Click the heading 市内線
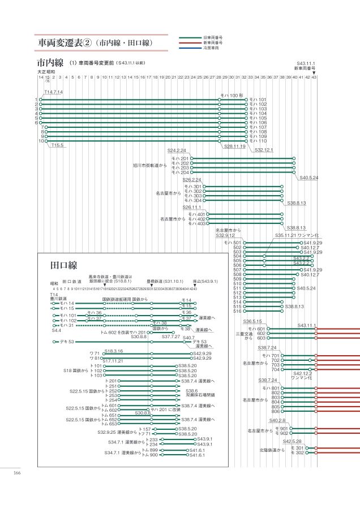[x=50, y=62]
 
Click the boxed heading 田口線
[x=63, y=265]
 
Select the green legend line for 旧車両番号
[x=190, y=37]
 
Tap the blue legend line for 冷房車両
[x=190, y=48]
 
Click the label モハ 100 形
[x=232, y=96]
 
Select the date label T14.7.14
[x=53, y=92]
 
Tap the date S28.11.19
[x=234, y=146]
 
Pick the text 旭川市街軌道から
[x=150, y=165]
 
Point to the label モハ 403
[x=196, y=223]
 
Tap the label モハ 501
[x=233, y=243]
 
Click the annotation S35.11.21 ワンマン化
[x=297, y=235]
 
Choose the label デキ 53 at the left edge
[x=67, y=342]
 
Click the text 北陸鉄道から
[x=272, y=450]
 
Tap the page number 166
[x=17, y=473]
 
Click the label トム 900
[x=149, y=455]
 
